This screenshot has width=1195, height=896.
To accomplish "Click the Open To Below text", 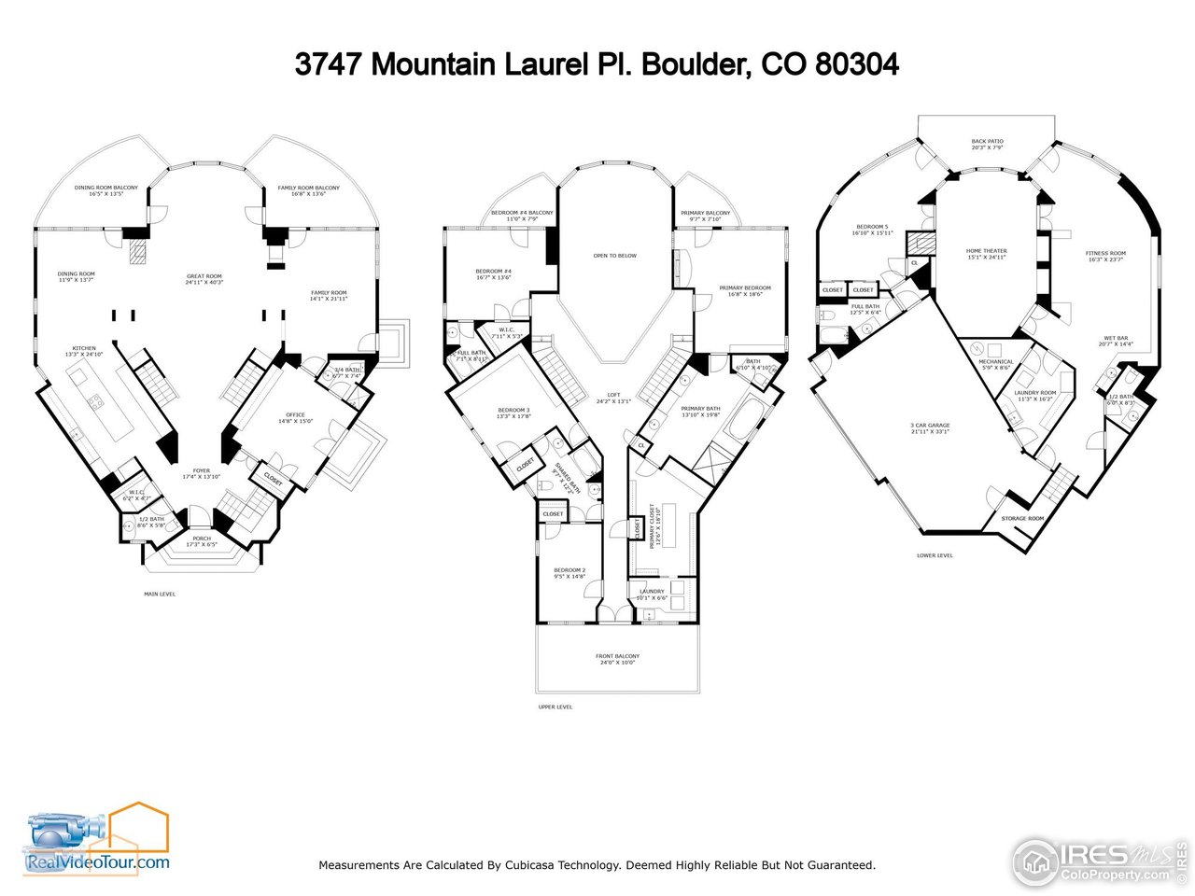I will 614,256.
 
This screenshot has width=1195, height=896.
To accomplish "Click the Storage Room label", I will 1022,518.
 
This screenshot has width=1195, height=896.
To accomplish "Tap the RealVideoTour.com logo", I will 97,843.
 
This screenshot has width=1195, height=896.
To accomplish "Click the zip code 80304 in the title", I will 857,64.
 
